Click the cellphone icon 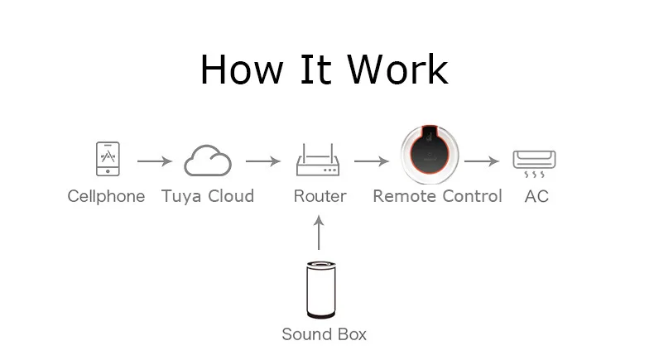pyautogui.click(x=108, y=159)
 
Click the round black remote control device pyautogui.click(x=430, y=155)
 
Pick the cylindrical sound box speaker pyautogui.click(x=320, y=290)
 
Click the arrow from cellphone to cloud pyautogui.click(x=154, y=161)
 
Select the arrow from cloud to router pyautogui.click(x=262, y=161)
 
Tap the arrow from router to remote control pyautogui.click(x=371, y=161)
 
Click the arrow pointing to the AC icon pyautogui.click(x=481, y=161)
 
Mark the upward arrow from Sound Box pyautogui.click(x=319, y=233)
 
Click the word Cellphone pyautogui.click(x=106, y=196)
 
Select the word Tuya pyautogui.click(x=182, y=197)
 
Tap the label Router pyautogui.click(x=320, y=196)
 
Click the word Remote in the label pyautogui.click(x=404, y=196)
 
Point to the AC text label pyautogui.click(x=536, y=196)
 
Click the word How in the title pyautogui.click(x=242, y=70)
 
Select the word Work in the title pyautogui.click(x=398, y=70)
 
